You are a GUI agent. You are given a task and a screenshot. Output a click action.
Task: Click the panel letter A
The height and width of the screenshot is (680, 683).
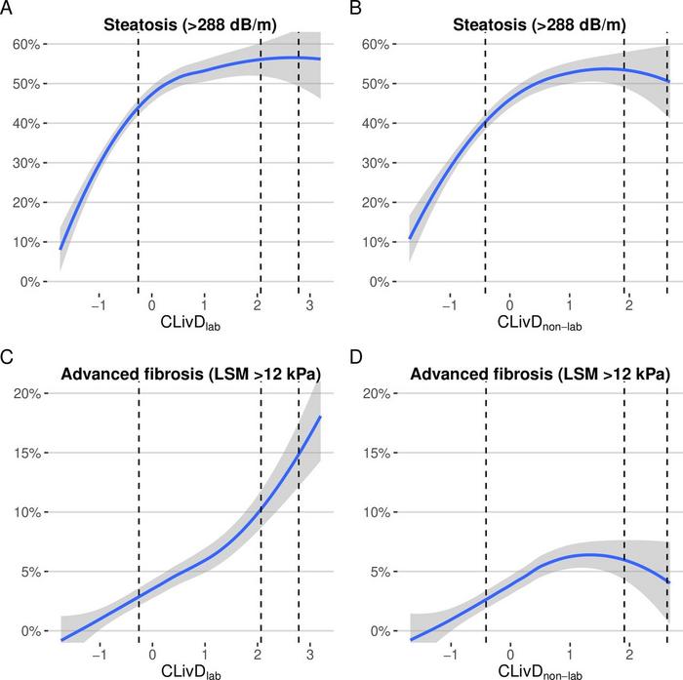click(x=7, y=8)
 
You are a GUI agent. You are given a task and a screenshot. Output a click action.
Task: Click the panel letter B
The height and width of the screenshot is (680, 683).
click(x=355, y=8)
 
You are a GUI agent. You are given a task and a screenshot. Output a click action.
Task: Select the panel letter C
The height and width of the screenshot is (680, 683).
click(x=7, y=357)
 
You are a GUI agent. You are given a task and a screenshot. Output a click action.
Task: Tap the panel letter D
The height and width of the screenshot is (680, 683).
click(x=355, y=357)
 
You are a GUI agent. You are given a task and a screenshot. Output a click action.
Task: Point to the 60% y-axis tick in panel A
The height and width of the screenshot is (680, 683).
click(x=24, y=44)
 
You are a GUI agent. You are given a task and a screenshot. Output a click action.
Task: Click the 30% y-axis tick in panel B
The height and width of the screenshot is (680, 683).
click(x=373, y=163)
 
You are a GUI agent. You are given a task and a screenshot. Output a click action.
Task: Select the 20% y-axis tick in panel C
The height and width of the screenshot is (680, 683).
click(x=24, y=393)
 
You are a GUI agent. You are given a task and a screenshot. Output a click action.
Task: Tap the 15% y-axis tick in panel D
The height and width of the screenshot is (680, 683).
click(x=373, y=453)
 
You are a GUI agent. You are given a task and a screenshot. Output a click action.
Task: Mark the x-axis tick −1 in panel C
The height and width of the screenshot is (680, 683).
click(x=98, y=653)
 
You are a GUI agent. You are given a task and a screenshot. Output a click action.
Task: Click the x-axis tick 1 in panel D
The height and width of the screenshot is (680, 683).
click(x=570, y=653)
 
